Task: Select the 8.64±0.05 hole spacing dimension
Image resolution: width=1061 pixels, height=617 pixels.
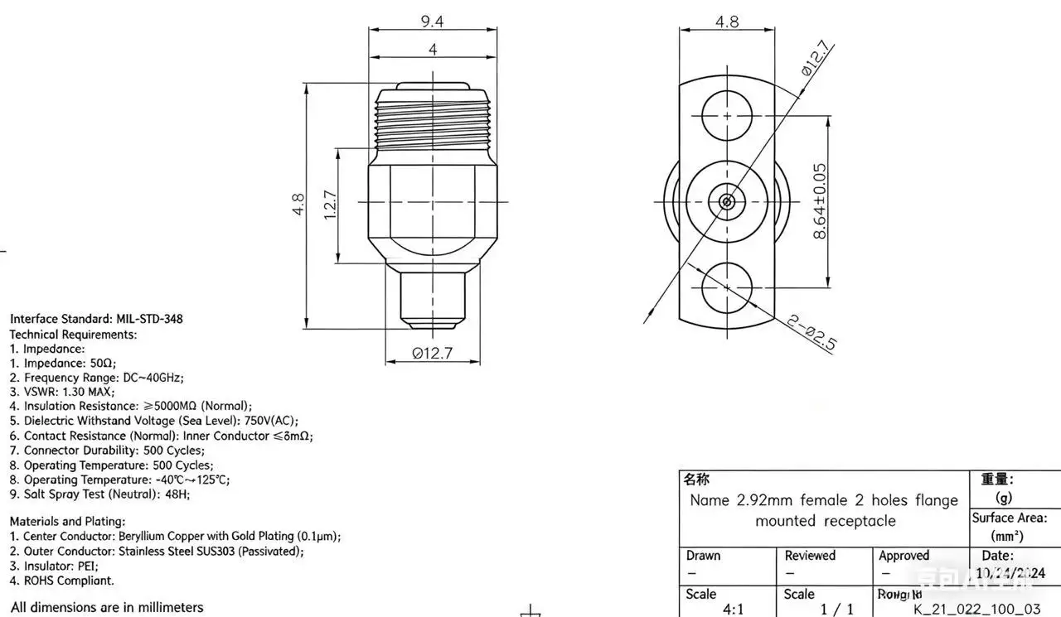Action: (819, 201)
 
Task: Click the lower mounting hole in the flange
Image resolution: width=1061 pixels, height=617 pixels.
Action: (727, 288)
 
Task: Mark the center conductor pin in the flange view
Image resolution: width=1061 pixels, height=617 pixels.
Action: (727, 201)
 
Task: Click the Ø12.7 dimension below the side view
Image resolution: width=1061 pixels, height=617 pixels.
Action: (433, 354)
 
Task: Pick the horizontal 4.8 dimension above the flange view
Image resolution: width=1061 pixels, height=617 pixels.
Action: (727, 22)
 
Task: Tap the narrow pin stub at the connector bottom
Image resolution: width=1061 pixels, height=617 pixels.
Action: (433, 296)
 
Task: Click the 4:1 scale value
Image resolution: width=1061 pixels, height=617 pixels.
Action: (733, 609)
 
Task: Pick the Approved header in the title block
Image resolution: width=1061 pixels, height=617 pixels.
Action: (904, 556)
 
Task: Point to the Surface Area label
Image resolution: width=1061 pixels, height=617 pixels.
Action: (1009, 518)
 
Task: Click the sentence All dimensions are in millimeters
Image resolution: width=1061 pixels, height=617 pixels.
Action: (107, 607)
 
